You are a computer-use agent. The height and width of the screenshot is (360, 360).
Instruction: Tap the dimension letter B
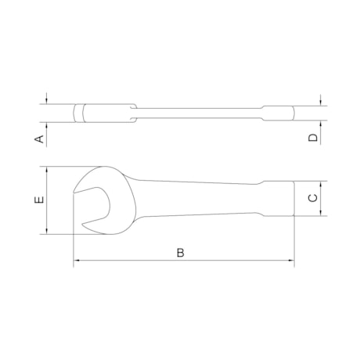[x=181, y=253]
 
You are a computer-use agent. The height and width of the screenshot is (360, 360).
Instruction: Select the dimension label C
[x=311, y=199]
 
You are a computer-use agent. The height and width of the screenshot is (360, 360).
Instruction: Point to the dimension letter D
[x=312, y=138]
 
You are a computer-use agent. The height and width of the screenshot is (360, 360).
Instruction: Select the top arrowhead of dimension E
[x=47, y=169]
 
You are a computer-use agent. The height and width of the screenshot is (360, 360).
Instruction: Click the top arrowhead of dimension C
[x=322, y=184]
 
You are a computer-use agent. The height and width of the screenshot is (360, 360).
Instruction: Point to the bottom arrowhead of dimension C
[x=322, y=213]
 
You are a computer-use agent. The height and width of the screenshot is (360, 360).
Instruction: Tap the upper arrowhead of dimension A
[x=47, y=102]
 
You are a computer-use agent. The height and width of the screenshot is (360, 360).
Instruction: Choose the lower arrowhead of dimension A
[x=47, y=124]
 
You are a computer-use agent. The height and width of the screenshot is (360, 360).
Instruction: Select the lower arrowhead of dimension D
[x=322, y=122]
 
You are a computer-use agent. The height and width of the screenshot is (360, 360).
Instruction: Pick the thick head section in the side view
[x=106, y=113]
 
